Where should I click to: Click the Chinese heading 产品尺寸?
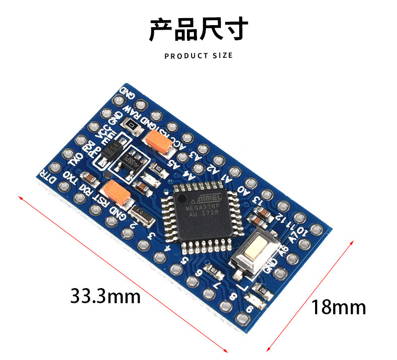pos(198,29)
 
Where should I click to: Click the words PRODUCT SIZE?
pos(198,55)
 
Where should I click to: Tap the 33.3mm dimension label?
pos(105,296)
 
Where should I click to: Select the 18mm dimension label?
pos(338,306)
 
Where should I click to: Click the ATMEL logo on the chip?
pos(206,193)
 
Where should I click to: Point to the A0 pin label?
pos(243,191)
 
